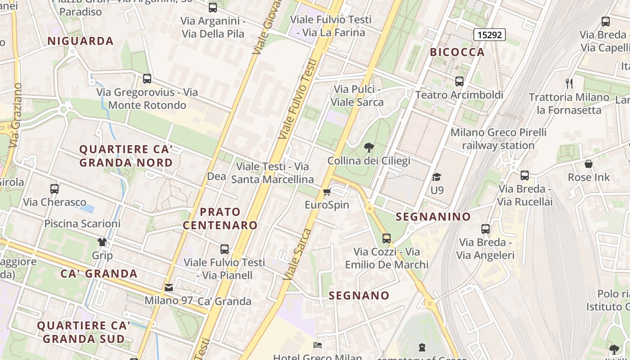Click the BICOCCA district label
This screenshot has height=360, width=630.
point(457,52)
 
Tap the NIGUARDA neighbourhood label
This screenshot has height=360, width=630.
point(81,41)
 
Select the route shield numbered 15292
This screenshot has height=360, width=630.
point(490,34)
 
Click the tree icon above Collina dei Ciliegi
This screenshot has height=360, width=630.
point(369,147)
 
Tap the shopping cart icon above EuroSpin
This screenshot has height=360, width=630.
point(327,192)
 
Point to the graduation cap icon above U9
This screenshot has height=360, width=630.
point(436,177)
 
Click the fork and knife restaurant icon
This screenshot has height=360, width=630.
point(569,83)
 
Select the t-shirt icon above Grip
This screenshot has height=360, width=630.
point(102,242)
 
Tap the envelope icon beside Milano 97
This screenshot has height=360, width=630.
point(169,287)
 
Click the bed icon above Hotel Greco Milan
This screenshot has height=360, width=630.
point(318,345)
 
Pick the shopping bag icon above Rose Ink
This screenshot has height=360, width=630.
point(589,164)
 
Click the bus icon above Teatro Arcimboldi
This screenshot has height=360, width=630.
point(459,81)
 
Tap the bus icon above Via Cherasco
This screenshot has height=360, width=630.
point(54,189)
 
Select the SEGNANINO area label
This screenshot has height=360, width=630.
point(433,217)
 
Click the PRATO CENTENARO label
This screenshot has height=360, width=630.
point(220,218)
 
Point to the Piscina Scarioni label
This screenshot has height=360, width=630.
point(82,224)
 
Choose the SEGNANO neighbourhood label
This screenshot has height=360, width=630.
point(359,296)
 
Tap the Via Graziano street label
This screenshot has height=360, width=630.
point(15,115)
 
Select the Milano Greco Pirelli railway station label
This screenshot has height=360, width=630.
point(498,139)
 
